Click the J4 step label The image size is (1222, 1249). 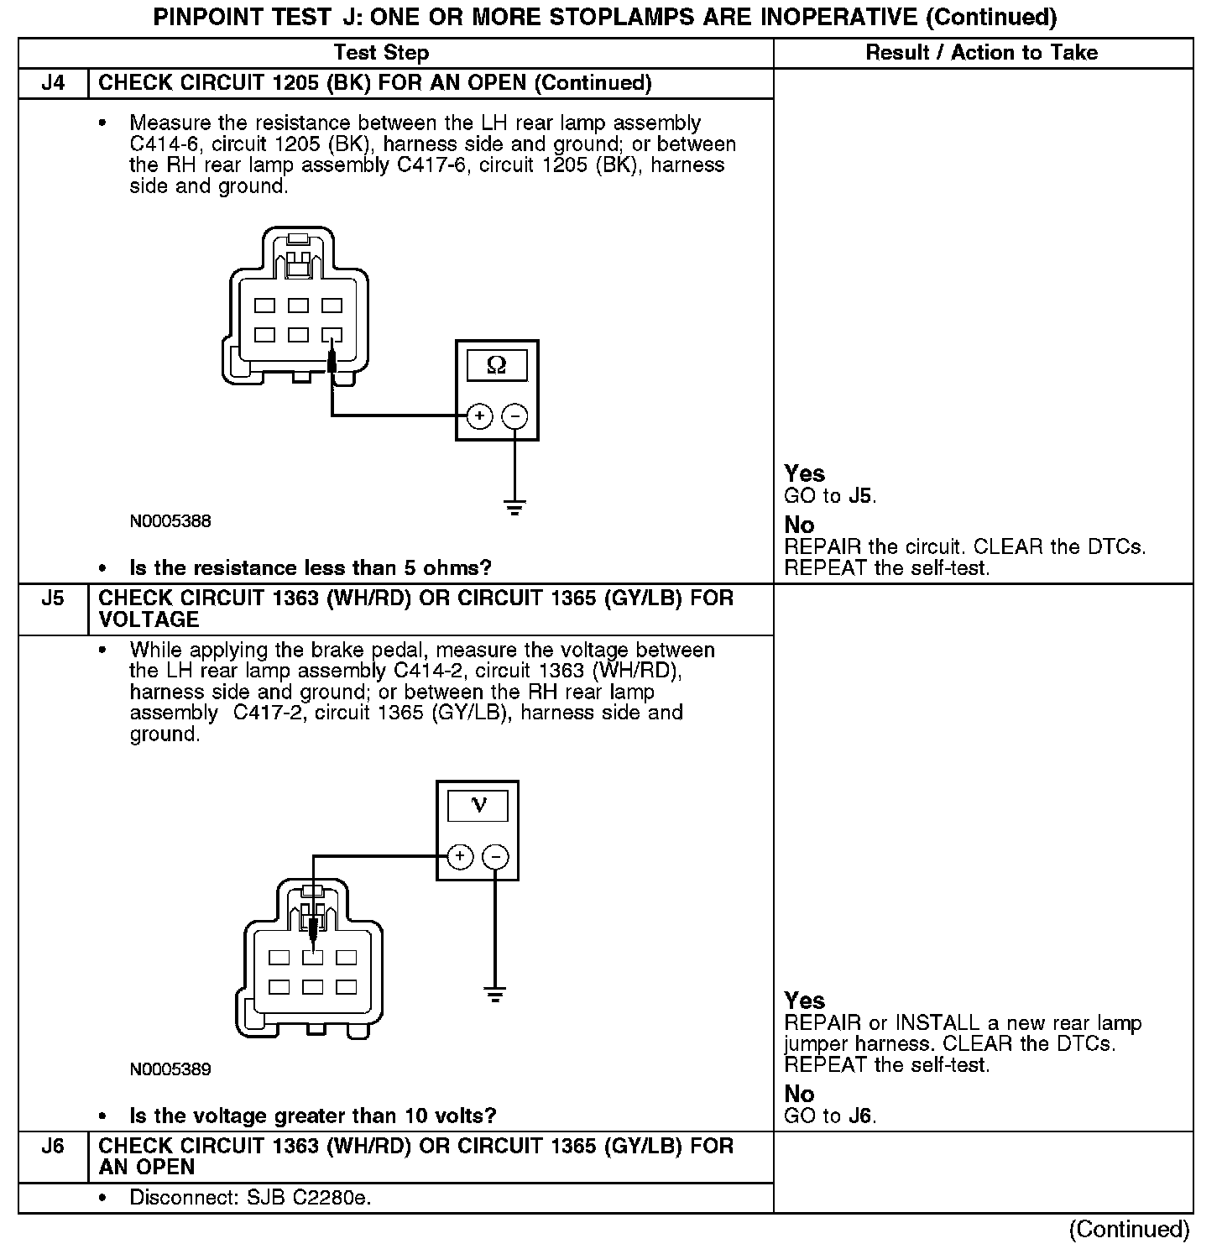(x=53, y=83)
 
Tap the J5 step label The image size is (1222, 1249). (x=53, y=598)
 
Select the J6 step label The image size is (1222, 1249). (x=53, y=1147)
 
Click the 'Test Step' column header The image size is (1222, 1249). (x=381, y=53)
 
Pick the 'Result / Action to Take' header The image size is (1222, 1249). (x=981, y=53)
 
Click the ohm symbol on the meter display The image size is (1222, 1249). (x=497, y=366)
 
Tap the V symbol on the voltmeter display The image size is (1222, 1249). (x=478, y=806)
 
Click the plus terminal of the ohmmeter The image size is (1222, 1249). (x=479, y=415)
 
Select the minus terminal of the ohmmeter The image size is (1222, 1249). (x=514, y=415)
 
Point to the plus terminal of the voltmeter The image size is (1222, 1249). (x=460, y=857)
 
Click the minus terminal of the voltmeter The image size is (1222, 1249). (x=496, y=857)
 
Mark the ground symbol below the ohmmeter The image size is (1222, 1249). (x=514, y=507)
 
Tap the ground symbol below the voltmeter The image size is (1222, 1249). (x=496, y=996)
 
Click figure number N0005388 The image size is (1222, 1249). (x=170, y=521)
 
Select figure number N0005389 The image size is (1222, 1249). (x=170, y=1069)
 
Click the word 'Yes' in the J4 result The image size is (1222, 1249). (x=804, y=473)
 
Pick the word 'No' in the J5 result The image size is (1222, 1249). (x=799, y=1094)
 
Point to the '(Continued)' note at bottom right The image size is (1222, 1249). (x=1129, y=1230)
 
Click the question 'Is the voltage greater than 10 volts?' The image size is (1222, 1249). (x=313, y=1116)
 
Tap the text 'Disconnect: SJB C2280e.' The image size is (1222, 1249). (x=250, y=1198)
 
